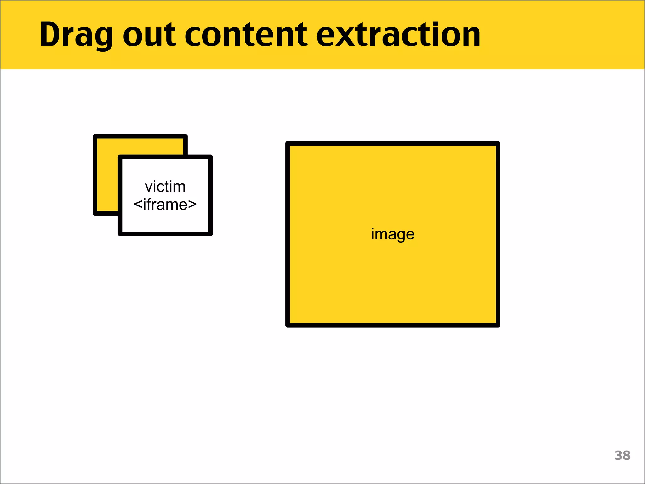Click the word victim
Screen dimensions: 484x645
(165, 187)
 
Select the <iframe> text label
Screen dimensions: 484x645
(165, 205)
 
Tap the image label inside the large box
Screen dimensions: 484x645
(392, 234)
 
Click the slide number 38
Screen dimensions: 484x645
(622, 456)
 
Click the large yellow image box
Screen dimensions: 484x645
(392, 284)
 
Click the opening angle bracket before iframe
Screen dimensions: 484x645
(138, 205)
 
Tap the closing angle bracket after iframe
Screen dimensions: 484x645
(192, 205)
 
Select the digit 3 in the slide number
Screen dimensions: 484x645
(619, 456)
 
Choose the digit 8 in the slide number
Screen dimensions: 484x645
(626, 456)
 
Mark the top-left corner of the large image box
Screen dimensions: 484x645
(288, 144)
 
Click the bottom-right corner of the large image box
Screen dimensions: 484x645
(498, 325)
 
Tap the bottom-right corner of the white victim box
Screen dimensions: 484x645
(210, 234)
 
